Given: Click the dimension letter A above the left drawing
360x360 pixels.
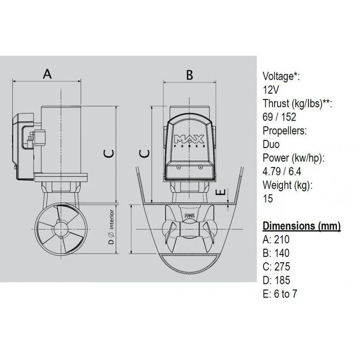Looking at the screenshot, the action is (47, 74).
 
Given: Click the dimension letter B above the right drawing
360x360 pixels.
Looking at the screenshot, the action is (189, 75).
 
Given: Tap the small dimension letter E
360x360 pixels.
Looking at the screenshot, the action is (221, 192).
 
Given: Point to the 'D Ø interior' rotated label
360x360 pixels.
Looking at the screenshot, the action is (111, 227).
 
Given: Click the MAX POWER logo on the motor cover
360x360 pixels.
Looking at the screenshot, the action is (189, 140).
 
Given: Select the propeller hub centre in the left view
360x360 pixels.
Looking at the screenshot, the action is (61, 229).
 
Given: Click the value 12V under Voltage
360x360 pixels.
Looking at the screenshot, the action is (271, 90).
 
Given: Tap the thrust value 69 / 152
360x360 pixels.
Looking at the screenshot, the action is (279, 117).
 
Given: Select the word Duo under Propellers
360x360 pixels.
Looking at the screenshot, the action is (271, 144).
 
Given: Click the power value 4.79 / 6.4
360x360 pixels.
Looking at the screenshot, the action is (282, 171).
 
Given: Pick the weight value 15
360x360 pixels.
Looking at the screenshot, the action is (268, 198).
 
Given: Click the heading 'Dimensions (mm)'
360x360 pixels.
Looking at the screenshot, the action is (301, 226).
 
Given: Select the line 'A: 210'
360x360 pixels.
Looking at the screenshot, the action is (276, 239).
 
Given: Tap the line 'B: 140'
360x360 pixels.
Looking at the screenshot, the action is (276, 253).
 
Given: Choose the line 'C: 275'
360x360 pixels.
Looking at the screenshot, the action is (276, 266).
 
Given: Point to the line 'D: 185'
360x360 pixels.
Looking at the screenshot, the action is (276, 280).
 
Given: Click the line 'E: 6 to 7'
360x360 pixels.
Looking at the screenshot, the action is (280, 294).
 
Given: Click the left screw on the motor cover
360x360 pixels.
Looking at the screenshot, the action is (179, 167).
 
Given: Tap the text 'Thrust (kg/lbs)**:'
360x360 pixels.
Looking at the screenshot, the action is (297, 103).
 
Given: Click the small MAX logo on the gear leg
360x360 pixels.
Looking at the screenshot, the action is (189, 216).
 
